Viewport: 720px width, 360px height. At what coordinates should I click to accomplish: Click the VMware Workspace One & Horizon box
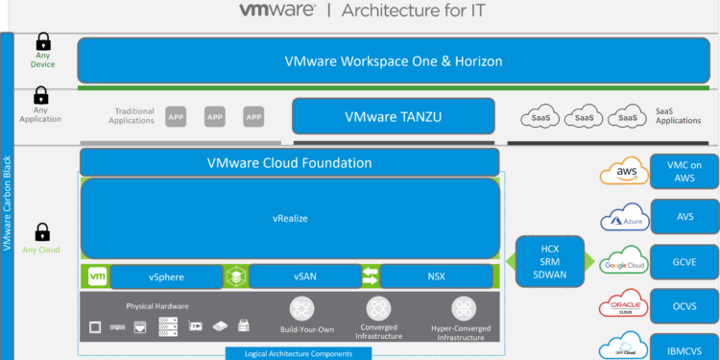(394, 60)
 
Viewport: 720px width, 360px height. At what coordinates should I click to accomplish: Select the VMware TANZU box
(394, 117)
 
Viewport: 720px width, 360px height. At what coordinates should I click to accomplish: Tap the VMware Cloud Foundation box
(289, 162)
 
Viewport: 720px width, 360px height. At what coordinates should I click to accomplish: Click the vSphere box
(166, 276)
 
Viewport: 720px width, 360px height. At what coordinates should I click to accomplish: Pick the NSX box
(439, 276)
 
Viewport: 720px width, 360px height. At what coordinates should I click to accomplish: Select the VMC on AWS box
(684, 173)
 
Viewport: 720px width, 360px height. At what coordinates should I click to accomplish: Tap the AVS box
(684, 217)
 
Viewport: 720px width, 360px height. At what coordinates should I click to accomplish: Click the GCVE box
(684, 260)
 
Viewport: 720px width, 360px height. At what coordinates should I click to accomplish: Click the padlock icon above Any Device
(42, 42)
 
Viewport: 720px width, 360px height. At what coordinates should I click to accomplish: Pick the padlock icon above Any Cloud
(42, 232)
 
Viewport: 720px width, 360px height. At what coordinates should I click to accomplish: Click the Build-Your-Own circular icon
(304, 308)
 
